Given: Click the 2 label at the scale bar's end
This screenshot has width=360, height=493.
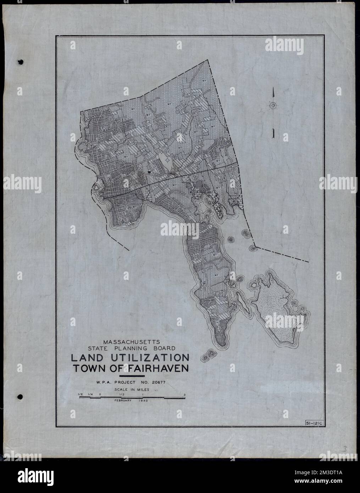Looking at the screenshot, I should [x=185, y=394].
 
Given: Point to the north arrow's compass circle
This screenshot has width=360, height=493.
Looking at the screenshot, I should [x=273, y=105].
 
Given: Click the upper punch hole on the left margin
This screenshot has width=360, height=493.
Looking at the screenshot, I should [x=21, y=62].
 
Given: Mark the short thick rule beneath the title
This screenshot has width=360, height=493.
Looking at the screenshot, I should [x=133, y=376].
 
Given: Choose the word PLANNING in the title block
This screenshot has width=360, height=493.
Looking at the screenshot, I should [x=132, y=348].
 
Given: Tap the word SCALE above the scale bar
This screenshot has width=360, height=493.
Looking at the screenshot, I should [x=121, y=389].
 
